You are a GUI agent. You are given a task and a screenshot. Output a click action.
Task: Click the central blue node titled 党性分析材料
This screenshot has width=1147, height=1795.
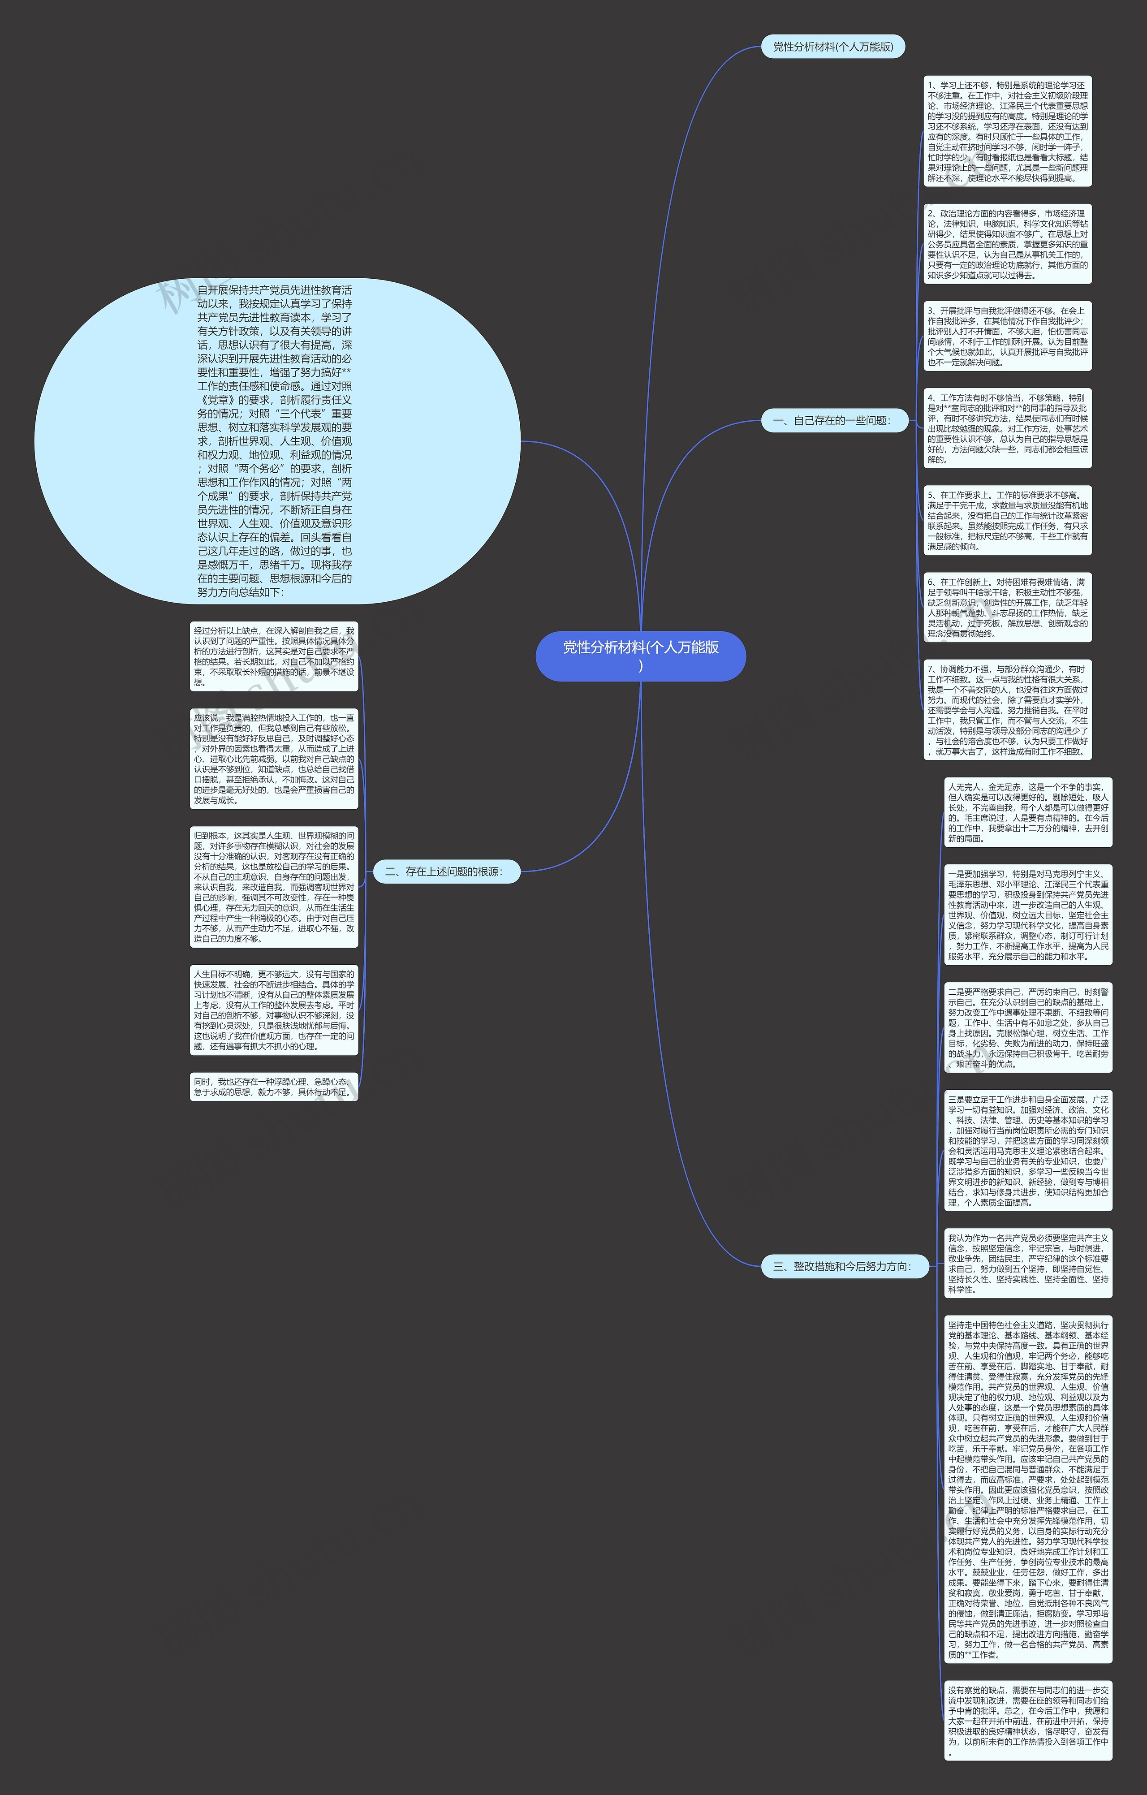[640, 656]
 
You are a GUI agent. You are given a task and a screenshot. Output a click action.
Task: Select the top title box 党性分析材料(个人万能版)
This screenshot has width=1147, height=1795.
[832, 47]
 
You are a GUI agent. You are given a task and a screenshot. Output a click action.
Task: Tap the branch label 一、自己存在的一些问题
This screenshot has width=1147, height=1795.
[836, 420]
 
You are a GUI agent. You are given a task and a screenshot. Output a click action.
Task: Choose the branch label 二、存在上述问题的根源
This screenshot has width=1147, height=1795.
[446, 872]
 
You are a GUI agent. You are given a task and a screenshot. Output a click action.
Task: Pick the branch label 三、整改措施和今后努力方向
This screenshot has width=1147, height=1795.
[845, 1266]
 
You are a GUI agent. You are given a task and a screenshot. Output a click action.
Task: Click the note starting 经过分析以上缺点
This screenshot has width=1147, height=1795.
[273, 656]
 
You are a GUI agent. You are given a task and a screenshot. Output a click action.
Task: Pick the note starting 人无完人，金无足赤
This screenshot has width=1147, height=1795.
[1028, 812]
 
